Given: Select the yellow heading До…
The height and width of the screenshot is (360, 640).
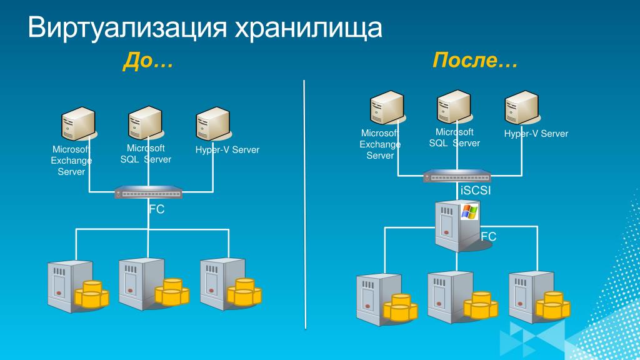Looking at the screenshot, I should (x=147, y=61).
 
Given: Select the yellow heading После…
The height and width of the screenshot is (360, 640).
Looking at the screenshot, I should (x=474, y=61).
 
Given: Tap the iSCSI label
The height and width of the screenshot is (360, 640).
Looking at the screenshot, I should (x=475, y=191).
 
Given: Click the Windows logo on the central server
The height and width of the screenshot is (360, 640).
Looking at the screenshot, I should (x=469, y=211).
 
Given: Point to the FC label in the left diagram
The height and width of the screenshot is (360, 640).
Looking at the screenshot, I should (x=156, y=209).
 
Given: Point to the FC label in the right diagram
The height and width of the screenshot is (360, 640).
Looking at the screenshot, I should (x=488, y=237).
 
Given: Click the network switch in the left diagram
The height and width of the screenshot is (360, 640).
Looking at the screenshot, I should (x=149, y=193).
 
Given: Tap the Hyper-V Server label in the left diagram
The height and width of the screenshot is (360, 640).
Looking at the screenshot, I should (x=227, y=150).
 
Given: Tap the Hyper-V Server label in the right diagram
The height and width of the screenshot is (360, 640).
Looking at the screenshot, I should (x=536, y=134).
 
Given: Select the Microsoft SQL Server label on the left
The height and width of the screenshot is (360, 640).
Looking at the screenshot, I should (x=146, y=154).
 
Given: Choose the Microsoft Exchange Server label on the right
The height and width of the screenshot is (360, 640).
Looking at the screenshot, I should (x=380, y=144).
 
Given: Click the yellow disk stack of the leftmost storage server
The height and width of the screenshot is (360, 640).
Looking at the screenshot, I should (x=91, y=294).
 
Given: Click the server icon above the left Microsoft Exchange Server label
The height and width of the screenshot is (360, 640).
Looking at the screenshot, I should (x=79, y=125).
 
